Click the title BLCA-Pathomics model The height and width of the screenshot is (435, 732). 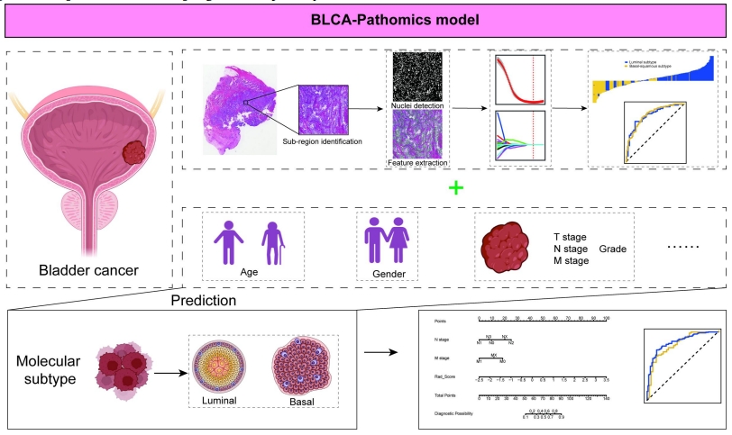pos(365,18)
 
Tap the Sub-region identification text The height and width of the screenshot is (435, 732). pos(323,141)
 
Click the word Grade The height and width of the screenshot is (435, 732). pos(618,248)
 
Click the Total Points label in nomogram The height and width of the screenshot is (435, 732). pos(444,395)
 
